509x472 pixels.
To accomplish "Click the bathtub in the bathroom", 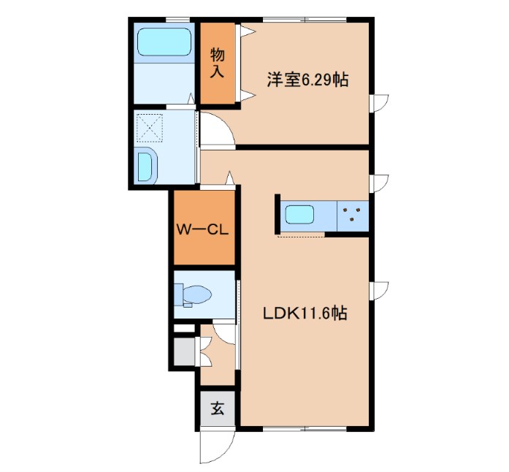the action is pos(164,42).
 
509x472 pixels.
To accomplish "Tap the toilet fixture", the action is pos(193,295).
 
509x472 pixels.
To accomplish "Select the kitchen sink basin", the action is pos(299,214).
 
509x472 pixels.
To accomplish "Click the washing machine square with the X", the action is pos(150,128).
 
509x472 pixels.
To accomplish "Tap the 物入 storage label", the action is pos(217,63).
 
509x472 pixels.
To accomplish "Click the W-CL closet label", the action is pos(202,230).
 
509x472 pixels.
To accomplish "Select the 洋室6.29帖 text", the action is pos(307,80).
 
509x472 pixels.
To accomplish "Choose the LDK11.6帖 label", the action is pos(305,313).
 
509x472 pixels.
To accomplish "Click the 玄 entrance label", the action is pos(217,408).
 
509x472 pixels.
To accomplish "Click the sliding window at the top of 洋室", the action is pos(305,20).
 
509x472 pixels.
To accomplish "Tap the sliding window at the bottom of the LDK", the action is pos(305,429).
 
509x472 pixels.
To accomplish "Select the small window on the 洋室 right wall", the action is pos(379,103).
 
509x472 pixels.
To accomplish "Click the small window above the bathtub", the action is pos(178,20).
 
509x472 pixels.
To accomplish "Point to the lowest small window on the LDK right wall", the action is pos(379,291).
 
